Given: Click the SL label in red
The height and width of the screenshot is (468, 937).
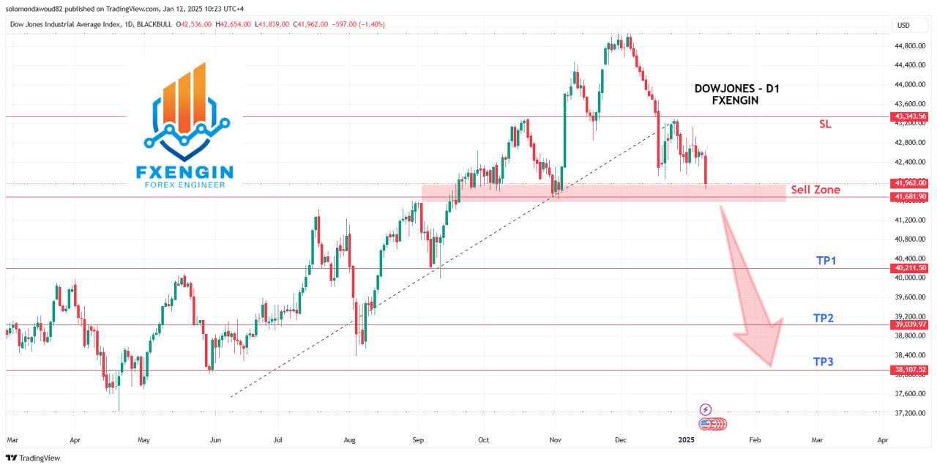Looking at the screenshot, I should [825, 125].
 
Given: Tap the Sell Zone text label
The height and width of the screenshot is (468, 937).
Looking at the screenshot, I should [815, 190].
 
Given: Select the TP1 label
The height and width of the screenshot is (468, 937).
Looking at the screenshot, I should [826, 261].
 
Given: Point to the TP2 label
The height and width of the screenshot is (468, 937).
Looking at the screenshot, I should [823, 319].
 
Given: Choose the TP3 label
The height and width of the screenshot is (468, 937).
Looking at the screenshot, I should [823, 362].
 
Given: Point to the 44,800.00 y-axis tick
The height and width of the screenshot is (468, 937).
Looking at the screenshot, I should [908, 45].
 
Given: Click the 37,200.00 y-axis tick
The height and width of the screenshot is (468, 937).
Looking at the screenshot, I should [908, 413].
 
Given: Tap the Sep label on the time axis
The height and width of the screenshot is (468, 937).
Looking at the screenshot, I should [418, 440].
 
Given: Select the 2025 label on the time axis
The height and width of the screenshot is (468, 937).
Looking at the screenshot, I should [686, 440].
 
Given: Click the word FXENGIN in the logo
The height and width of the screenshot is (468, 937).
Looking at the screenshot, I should [185, 172].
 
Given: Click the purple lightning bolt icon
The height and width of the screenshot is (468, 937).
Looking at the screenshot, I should [706, 410].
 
